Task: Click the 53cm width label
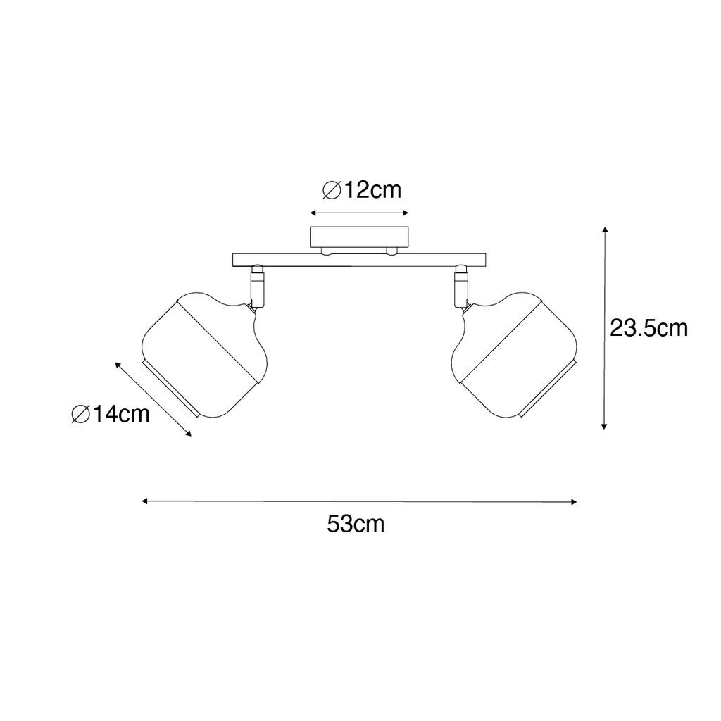[356, 524]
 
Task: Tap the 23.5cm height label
[648, 328]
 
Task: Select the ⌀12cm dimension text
[361, 190]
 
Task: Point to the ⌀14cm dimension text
[111, 414]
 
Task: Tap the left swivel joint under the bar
[256, 286]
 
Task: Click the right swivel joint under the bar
[461, 286]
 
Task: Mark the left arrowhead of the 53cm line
[144, 501]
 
